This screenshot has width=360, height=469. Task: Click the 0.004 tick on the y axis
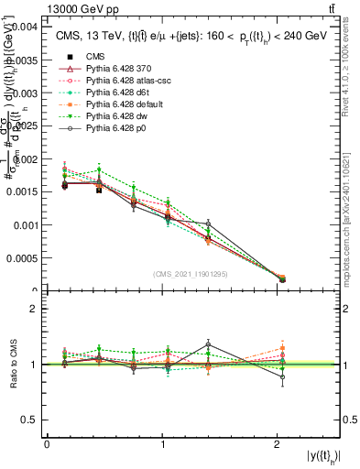26,27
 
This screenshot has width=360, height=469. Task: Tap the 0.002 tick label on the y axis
26,158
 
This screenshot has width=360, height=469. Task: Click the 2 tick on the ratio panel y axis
33,309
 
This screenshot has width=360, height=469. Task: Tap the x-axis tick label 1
163,444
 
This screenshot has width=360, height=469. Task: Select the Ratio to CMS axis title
13,365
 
